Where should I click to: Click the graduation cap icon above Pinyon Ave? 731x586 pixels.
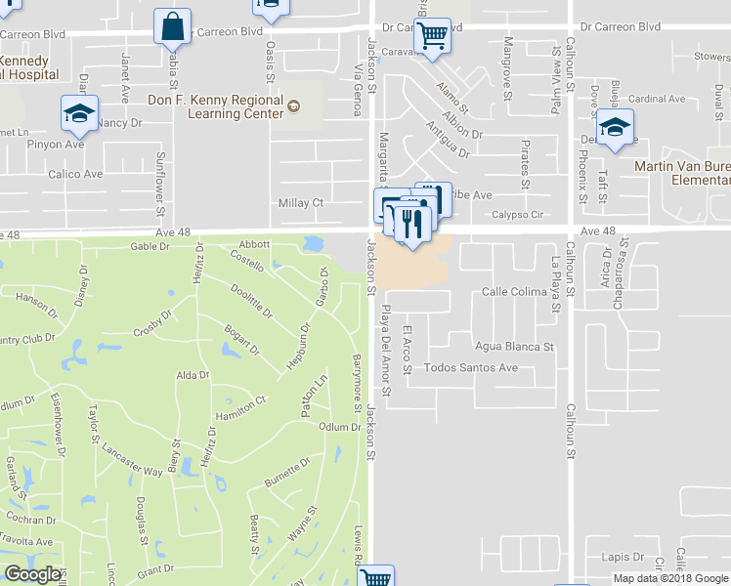click(79, 113)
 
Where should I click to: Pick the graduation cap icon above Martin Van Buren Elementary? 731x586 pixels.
click(615, 128)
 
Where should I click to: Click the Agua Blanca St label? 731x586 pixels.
click(514, 346)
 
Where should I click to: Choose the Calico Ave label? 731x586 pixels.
click(76, 175)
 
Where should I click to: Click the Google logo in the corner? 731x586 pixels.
click(32, 574)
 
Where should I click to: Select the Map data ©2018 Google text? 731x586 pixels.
click(669, 578)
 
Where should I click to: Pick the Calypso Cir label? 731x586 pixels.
click(515, 215)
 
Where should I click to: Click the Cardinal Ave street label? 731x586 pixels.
click(657, 99)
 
